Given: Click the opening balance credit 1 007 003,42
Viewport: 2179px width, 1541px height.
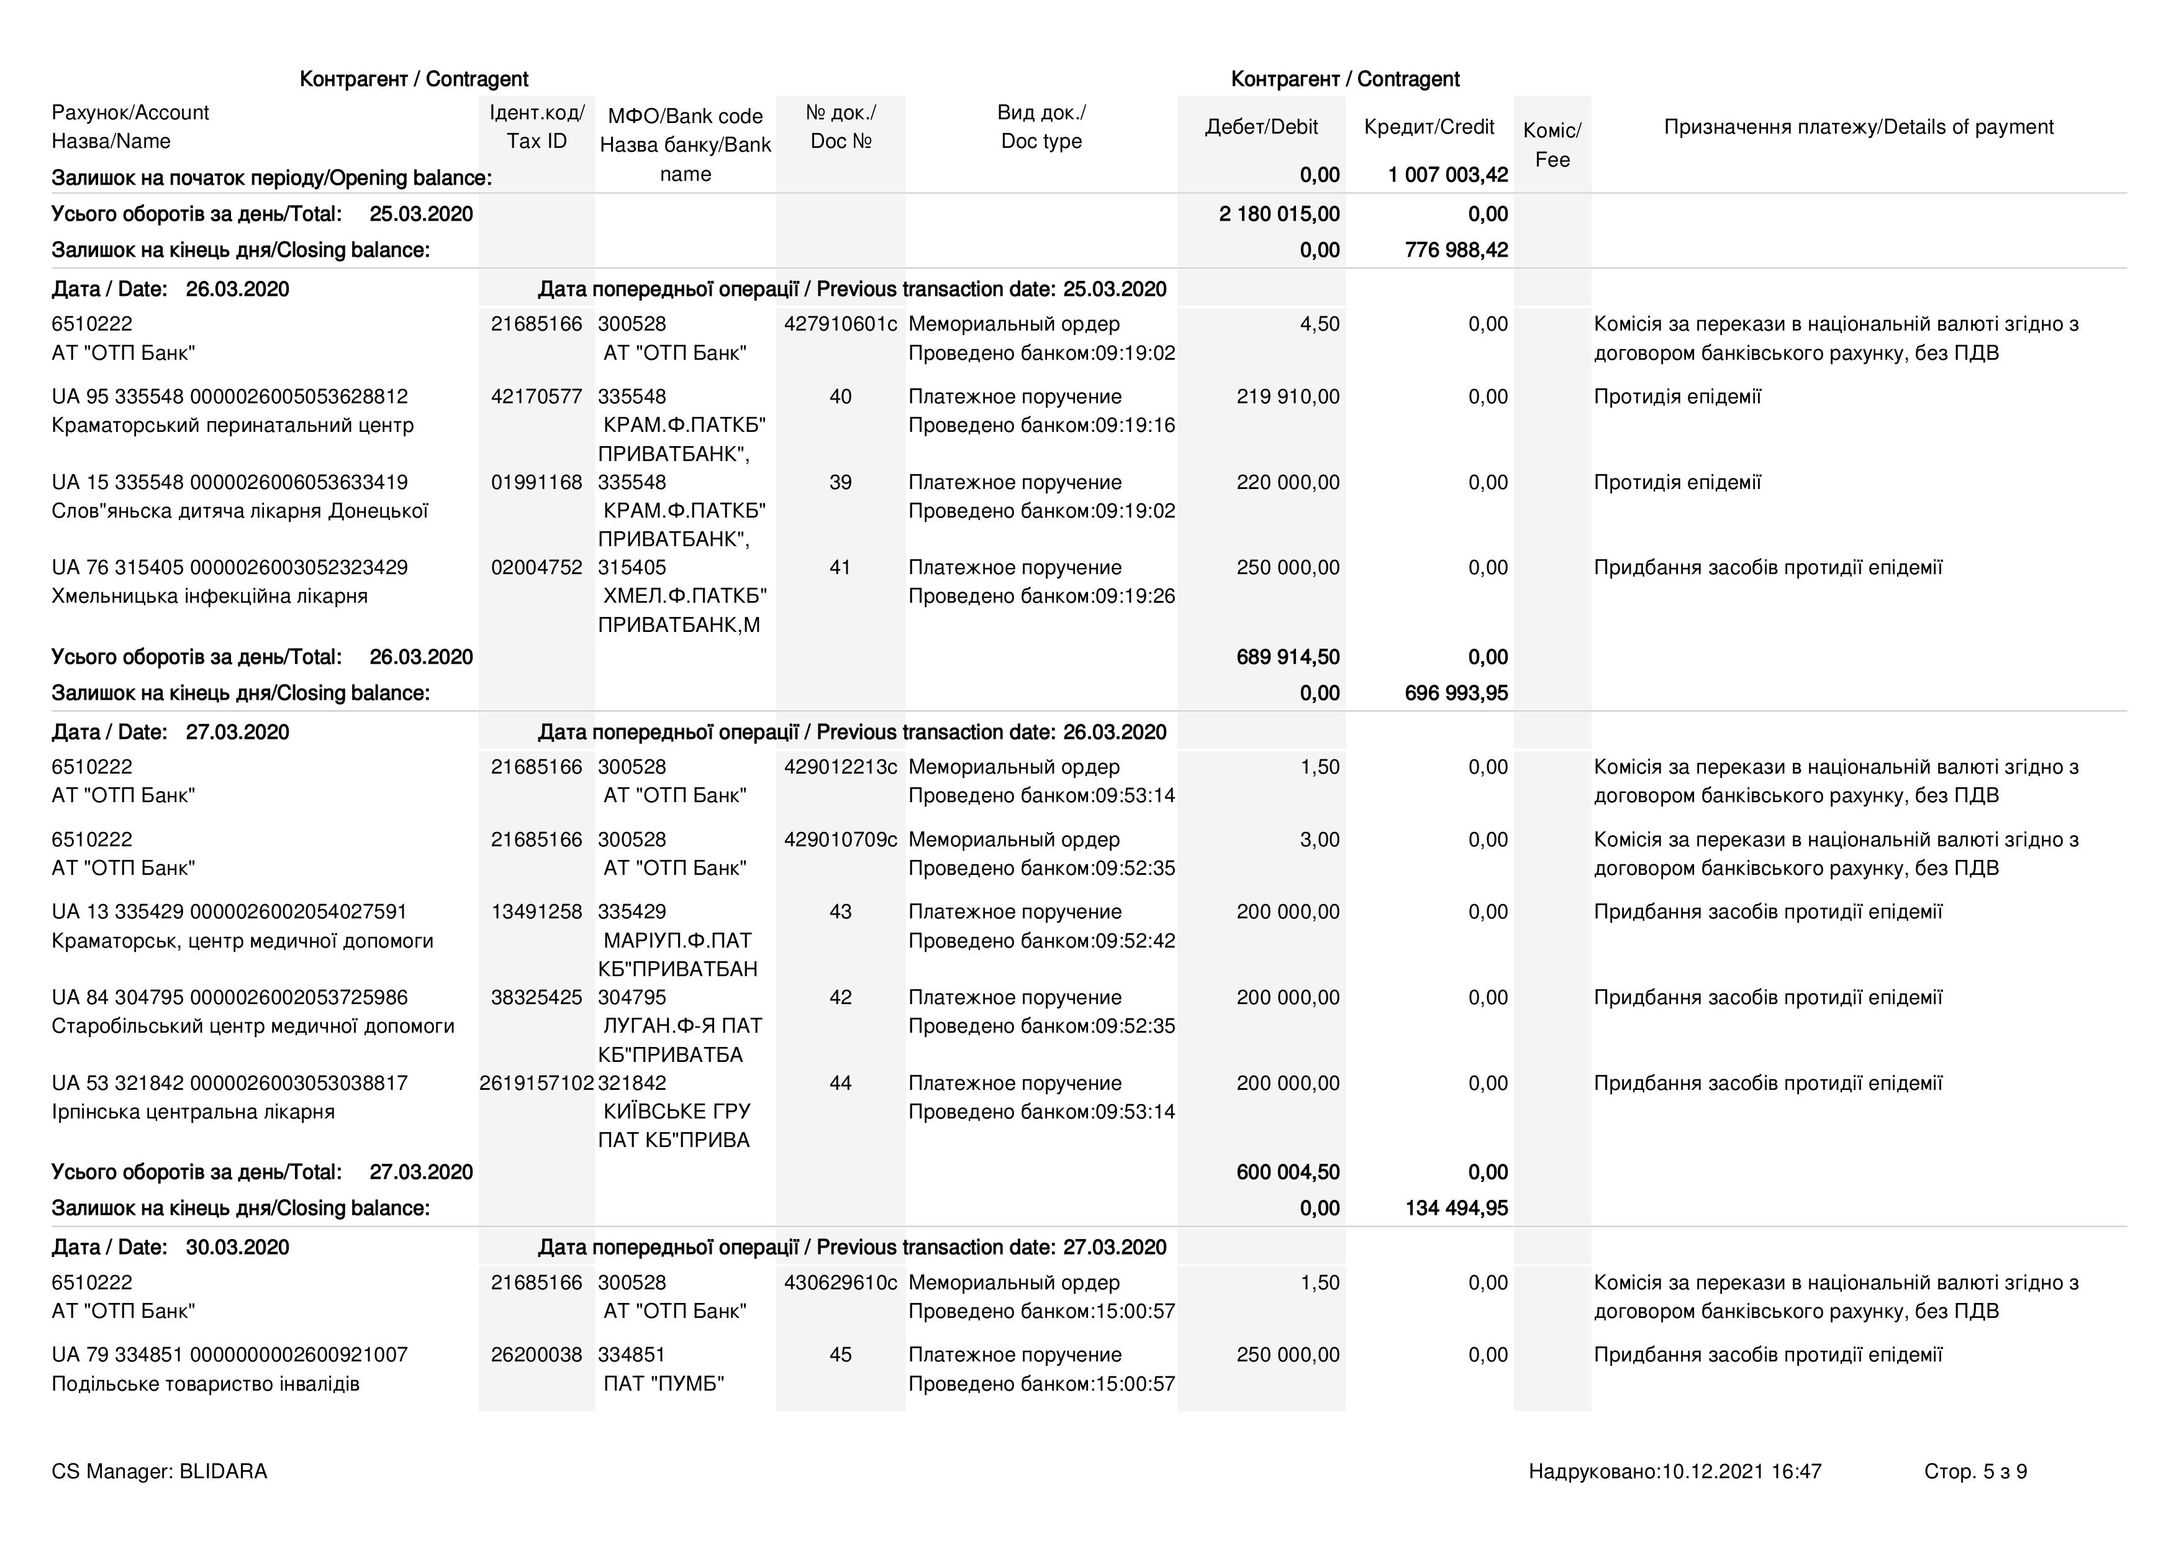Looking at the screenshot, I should [1447, 175].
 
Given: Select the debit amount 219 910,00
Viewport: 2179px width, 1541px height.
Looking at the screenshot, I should [1288, 397].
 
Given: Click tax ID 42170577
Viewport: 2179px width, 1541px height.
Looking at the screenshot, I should [536, 397].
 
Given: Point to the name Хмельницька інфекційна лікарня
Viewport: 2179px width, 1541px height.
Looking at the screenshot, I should [210, 597].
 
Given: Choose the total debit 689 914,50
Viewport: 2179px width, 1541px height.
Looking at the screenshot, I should [1288, 657].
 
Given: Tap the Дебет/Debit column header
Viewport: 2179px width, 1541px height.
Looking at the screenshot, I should [1261, 127].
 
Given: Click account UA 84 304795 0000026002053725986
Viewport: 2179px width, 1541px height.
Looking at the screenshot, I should [230, 998].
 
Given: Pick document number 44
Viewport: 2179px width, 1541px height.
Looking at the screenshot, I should [840, 1083].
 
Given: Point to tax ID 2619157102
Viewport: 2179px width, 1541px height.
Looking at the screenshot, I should [536, 1083].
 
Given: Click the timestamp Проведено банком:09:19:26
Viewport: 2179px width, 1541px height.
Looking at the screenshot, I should [1041, 597].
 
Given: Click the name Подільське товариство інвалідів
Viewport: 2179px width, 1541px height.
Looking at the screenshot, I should [206, 1383].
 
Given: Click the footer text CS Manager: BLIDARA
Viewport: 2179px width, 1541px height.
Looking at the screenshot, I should [160, 1471].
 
